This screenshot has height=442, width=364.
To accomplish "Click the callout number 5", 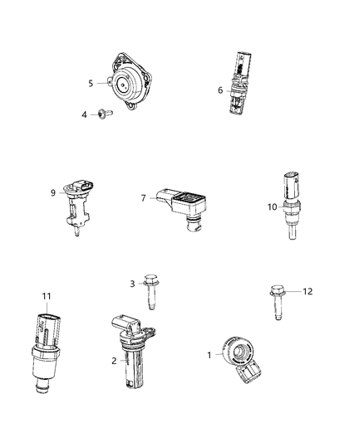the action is pyautogui.click(x=91, y=84).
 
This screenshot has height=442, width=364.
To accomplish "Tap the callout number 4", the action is pyautogui.click(x=84, y=115).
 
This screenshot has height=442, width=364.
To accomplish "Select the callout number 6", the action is pyautogui.click(x=220, y=90).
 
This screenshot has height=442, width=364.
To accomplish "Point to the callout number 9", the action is pyautogui.click(x=53, y=193).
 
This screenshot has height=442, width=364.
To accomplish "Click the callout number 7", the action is pyautogui.click(x=144, y=198).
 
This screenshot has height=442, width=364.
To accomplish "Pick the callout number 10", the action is pyautogui.click(x=273, y=207).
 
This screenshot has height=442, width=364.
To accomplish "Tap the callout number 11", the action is pyautogui.click(x=47, y=296).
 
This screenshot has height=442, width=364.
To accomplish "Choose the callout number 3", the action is pyautogui.click(x=132, y=284).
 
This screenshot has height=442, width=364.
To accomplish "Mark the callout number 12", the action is pyautogui.click(x=307, y=291).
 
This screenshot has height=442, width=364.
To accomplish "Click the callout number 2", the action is pyautogui.click(x=114, y=361).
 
